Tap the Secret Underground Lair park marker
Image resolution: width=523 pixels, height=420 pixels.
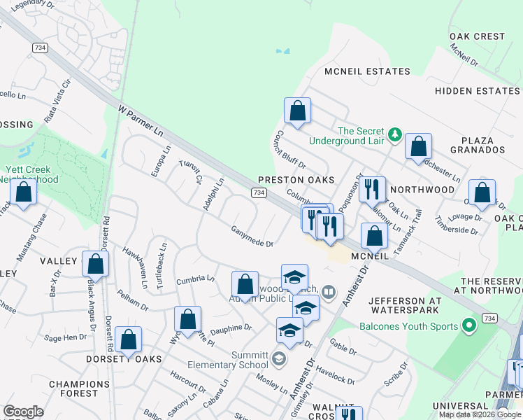coord(394,133)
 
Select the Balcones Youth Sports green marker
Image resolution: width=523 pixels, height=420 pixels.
coord(470,326)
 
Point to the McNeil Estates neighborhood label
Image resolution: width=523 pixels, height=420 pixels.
coord(367,71)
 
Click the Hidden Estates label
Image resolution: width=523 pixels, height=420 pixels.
coord(478,91)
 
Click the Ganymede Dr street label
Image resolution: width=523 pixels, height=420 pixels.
coord(252,237)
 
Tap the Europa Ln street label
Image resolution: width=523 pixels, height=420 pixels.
coord(160,161)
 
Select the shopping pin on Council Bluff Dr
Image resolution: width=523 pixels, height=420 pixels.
coord(297,111)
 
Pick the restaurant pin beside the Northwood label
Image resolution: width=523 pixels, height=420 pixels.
coord(372,188)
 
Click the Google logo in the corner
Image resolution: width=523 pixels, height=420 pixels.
coord(23,412)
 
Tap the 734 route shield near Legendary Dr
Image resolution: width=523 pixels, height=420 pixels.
coord(39,46)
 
